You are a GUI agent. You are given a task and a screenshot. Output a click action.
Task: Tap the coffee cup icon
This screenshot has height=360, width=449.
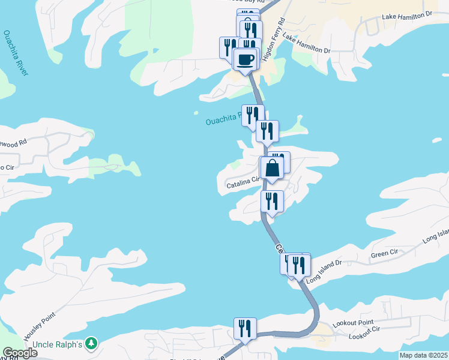pyautogui.click(x=245, y=59)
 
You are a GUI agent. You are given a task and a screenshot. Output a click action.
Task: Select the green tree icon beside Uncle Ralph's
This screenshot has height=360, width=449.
pyautogui.click(x=91, y=343)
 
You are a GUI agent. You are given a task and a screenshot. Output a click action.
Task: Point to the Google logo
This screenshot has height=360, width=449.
pyautogui.click(x=19, y=353)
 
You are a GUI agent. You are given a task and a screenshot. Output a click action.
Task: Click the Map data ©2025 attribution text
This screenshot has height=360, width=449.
pyautogui.click(x=423, y=355)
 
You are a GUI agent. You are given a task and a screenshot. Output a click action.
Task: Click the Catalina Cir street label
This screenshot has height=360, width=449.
pyautogui.click(x=243, y=182)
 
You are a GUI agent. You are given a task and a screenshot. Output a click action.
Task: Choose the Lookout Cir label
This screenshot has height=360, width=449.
pyautogui.click(x=364, y=333)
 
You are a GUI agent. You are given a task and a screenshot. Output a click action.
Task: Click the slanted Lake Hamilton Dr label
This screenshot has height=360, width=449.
pyautogui.click(x=306, y=44)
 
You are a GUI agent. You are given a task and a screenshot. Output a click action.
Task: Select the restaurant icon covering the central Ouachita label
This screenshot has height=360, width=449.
pyautogui.click(x=253, y=115)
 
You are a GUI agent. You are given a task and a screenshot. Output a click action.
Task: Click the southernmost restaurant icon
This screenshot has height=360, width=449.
pyautogui.click(x=245, y=328)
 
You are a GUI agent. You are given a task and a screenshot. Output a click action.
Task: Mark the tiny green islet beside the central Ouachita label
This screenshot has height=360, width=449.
pyautogui.click(x=196, y=112)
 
